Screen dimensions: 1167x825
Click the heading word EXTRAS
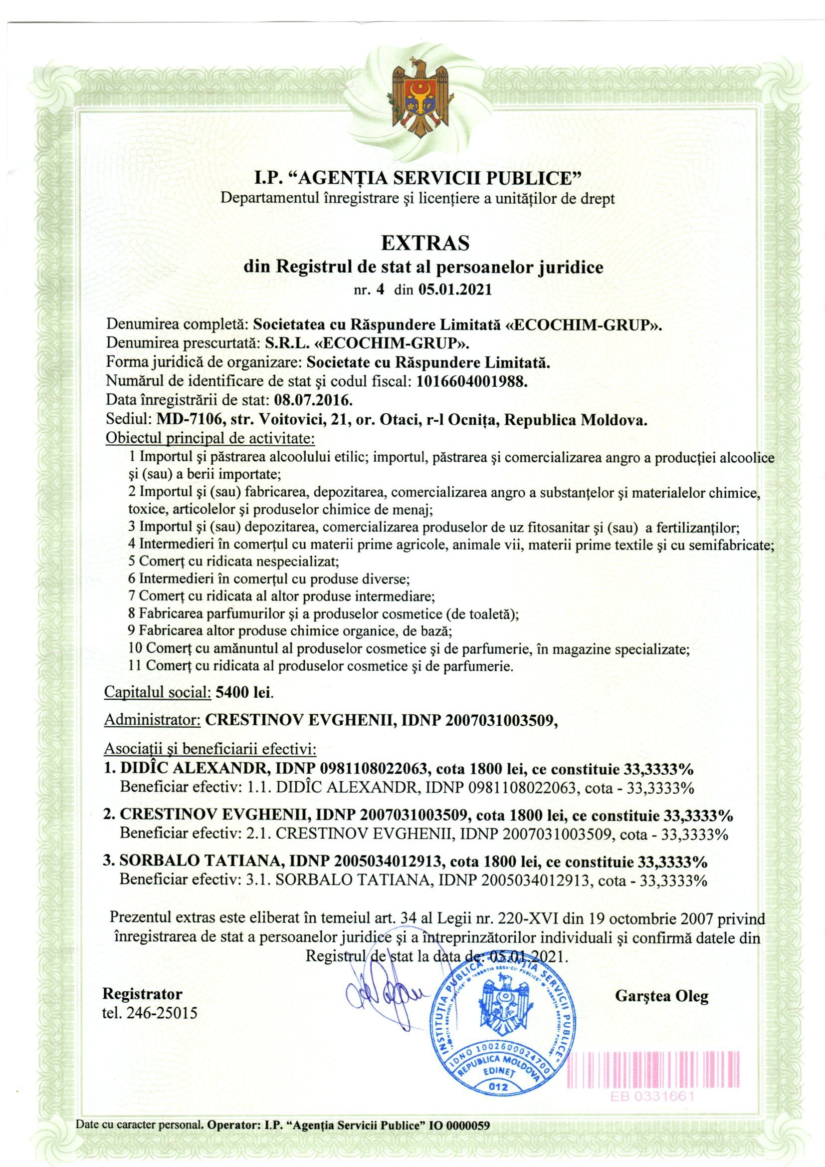424,244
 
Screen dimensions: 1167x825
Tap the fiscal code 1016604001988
471,382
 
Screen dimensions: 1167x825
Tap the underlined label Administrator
150,720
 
